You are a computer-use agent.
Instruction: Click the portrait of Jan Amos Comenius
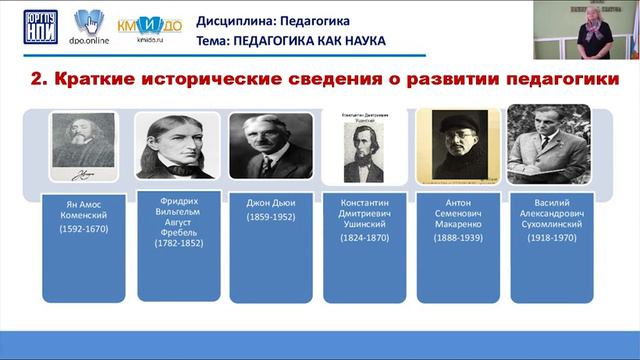point(76,146)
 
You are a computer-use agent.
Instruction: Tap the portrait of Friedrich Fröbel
point(170,146)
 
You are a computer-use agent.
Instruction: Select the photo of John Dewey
point(263,146)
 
